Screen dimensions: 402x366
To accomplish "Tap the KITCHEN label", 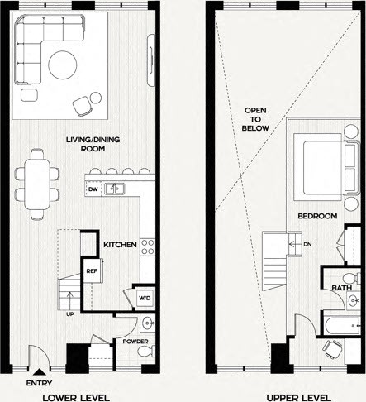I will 119,246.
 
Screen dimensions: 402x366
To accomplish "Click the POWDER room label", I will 135,340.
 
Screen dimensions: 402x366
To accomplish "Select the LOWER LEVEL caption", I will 75,395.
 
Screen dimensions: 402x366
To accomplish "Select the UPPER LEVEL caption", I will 289,395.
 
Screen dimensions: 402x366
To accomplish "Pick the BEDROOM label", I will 318,216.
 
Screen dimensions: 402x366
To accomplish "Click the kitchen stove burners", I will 148,246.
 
